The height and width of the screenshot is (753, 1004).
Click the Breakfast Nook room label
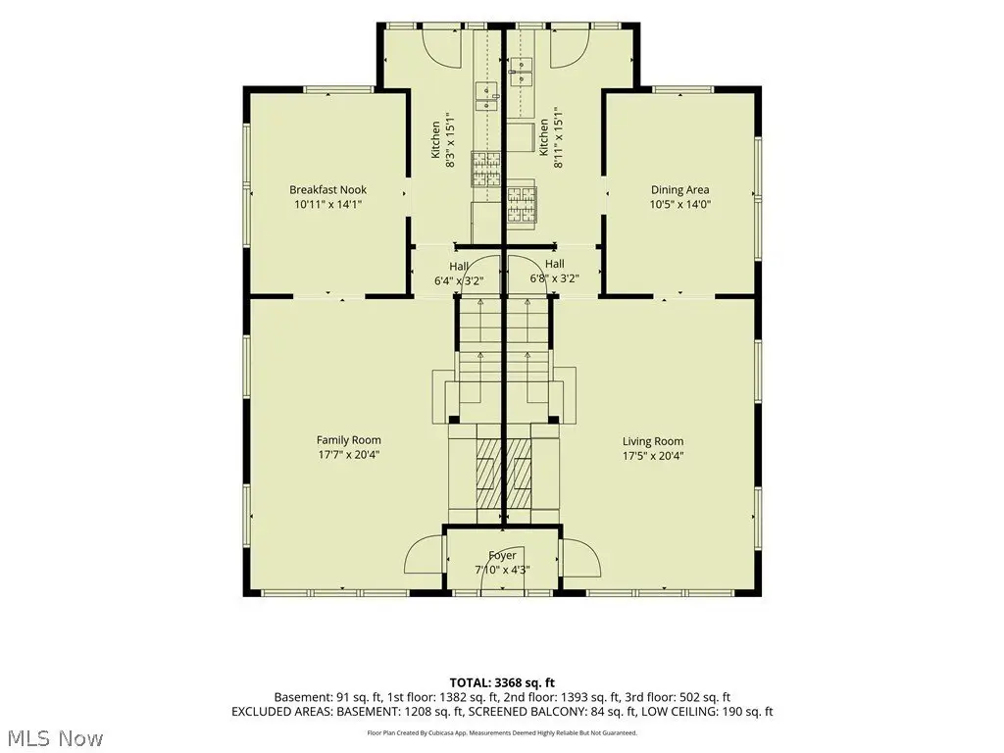[x=327, y=189]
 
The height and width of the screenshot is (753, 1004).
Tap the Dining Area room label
[x=680, y=189]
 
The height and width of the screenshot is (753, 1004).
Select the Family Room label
[x=348, y=440]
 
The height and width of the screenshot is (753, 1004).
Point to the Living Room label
[x=653, y=441]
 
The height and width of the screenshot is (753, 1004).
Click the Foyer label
[x=502, y=555]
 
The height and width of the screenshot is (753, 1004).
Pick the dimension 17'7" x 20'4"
[x=349, y=455]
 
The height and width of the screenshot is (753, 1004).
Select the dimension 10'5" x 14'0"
[x=680, y=205]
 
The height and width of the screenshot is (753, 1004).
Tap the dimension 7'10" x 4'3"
[x=502, y=570]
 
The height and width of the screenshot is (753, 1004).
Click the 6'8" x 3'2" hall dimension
[x=555, y=278]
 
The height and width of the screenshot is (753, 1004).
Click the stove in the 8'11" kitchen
[x=522, y=205]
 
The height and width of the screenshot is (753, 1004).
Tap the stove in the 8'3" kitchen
[x=486, y=169]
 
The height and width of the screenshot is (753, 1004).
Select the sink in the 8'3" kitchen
[x=487, y=96]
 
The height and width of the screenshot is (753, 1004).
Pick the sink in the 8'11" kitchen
[x=522, y=73]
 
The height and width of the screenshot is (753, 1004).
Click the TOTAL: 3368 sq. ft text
[x=502, y=682]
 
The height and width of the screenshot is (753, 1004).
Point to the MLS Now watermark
[x=51, y=738]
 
